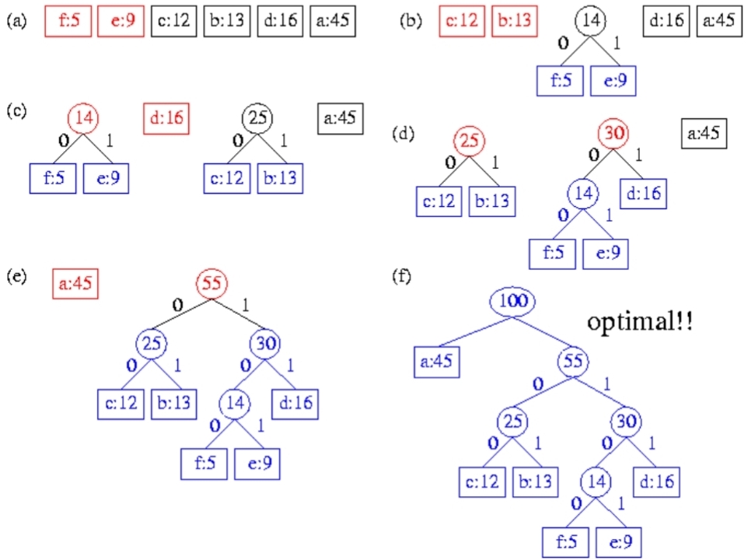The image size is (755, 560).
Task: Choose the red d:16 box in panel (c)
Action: point(168,120)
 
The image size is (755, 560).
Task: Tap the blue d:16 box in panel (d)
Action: point(643,192)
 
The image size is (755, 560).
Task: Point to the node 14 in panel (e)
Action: point(234,403)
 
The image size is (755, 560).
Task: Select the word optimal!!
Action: point(641,321)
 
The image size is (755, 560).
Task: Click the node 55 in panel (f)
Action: point(575,360)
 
